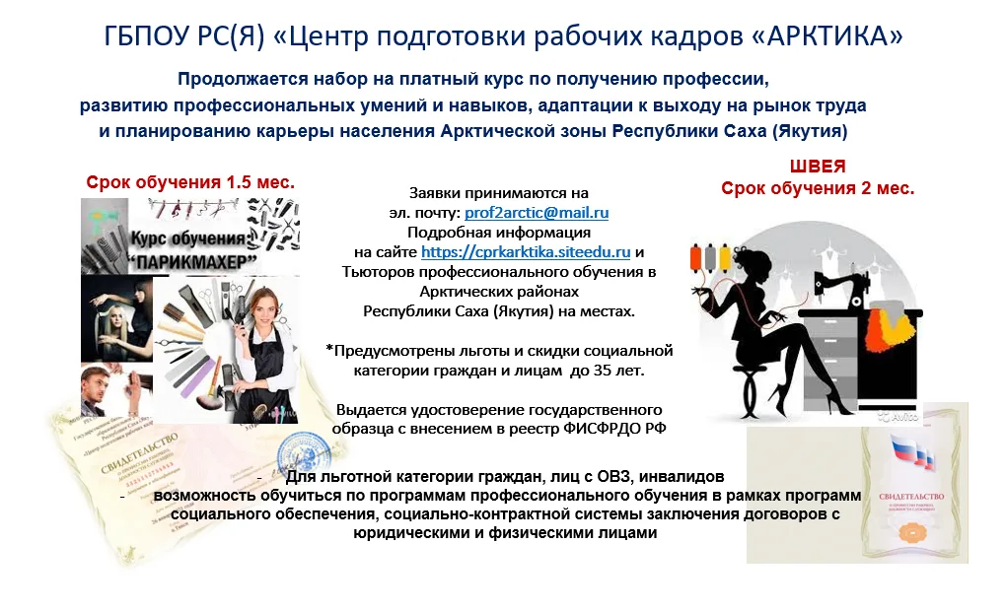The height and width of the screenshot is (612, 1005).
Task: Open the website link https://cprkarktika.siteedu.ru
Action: tap(526, 251)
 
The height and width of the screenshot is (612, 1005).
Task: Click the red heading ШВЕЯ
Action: tap(818, 167)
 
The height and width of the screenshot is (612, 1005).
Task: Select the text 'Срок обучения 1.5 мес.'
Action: tap(190, 182)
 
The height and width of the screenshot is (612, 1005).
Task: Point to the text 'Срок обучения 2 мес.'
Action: tap(818, 188)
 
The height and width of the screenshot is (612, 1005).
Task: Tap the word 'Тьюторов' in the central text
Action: tap(377, 271)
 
